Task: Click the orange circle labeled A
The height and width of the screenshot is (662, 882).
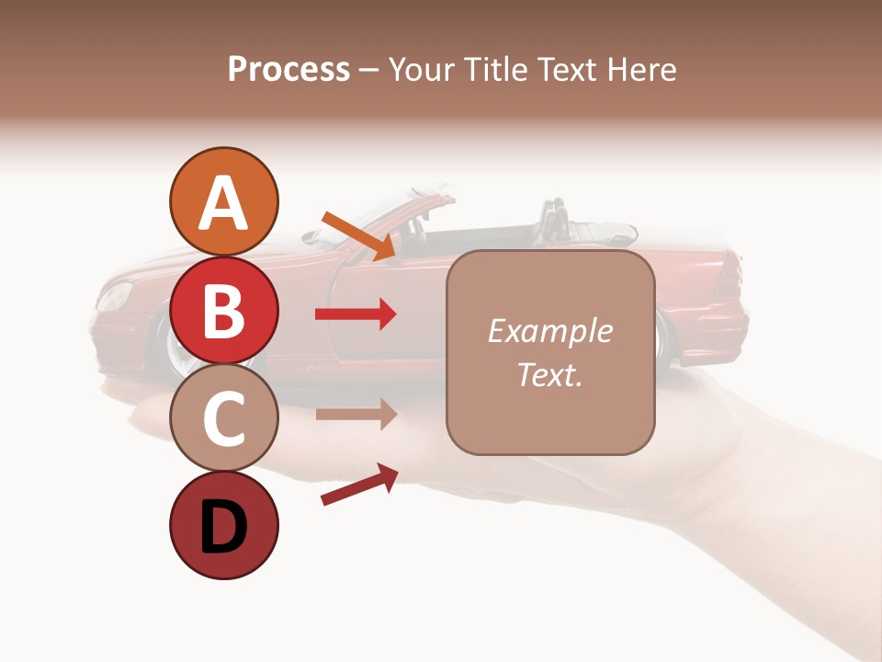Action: pos(223,201)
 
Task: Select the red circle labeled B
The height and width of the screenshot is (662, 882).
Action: pos(223,310)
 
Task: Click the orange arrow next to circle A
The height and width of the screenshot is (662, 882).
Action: pos(360,235)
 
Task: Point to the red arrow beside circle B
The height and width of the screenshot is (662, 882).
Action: pos(356,314)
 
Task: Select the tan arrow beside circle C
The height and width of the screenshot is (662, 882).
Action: pos(356,415)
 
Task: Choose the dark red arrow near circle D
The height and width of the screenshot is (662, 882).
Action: pos(359,485)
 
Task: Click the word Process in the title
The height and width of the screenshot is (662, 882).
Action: pos(288,69)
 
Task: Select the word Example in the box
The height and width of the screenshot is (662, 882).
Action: pos(549,331)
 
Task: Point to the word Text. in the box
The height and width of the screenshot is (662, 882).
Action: pos(549,374)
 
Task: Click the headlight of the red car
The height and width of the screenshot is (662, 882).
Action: pos(115,296)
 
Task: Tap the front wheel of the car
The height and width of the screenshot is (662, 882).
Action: pos(179,349)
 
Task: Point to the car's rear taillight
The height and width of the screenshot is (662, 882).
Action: pos(730,276)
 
